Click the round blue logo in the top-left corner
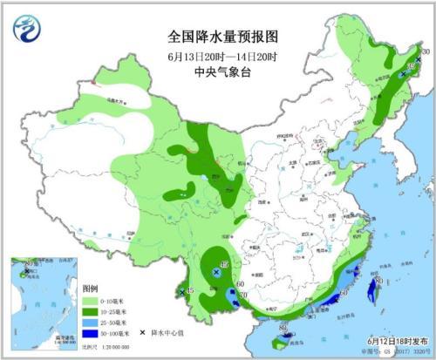28,31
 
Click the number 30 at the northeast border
426,53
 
